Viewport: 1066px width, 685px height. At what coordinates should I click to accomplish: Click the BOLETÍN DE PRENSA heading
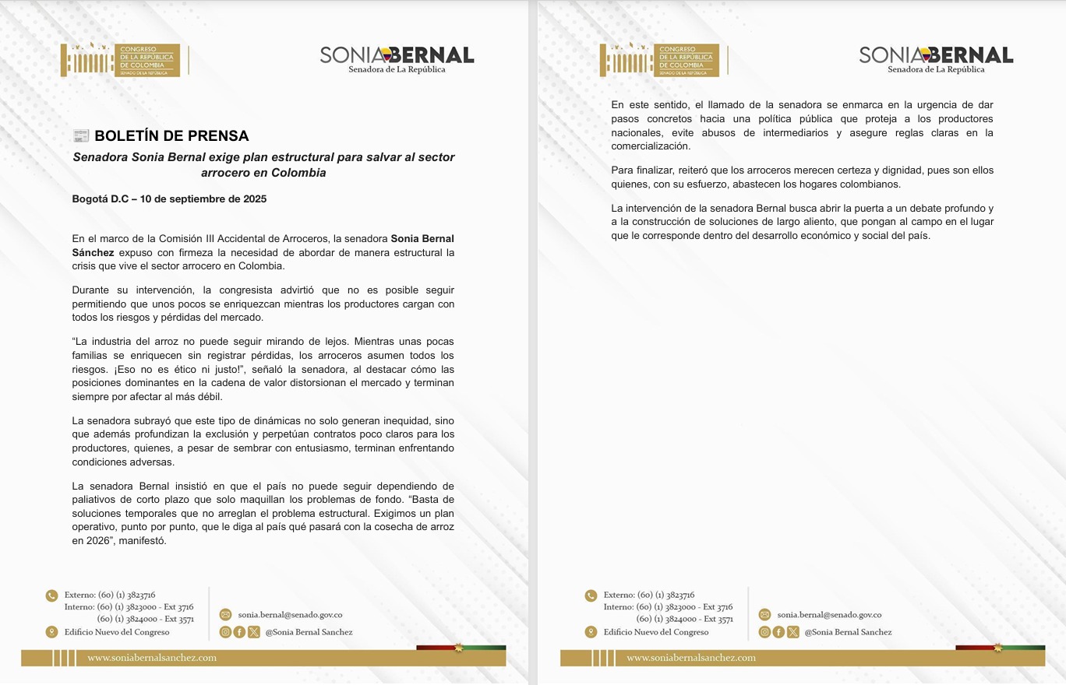pos(171,136)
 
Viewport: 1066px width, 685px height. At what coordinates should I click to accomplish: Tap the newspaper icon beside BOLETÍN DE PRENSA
pos(81,136)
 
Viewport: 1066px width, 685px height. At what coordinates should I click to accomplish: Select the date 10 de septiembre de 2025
pos(203,198)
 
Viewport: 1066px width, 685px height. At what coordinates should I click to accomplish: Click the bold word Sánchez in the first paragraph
pos(93,253)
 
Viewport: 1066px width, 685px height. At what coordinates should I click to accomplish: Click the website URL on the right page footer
pos(691,658)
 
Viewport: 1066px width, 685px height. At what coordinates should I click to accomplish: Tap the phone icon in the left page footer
pos(51,595)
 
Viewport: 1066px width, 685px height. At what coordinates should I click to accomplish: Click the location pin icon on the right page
pos(591,632)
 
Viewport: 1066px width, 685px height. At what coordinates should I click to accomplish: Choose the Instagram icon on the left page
pos(225,632)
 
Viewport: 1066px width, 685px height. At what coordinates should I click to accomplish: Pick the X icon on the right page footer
pos(792,632)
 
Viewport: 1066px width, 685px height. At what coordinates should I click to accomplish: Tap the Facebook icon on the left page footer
pos(239,632)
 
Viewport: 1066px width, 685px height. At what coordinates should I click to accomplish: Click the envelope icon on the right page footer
pos(764,615)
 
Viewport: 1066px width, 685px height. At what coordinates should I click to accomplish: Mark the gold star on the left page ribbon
pos(459,648)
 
